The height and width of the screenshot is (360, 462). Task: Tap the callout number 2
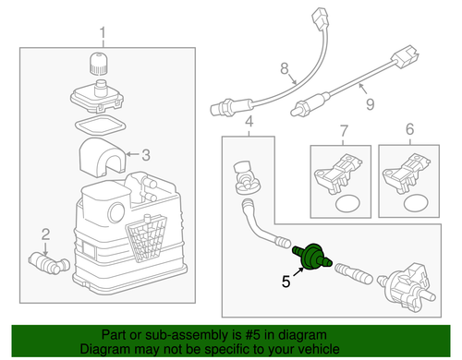(x=45, y=234)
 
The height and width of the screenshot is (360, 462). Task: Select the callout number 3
(x=146, y=155)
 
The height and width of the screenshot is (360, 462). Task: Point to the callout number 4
(x=249, y=122)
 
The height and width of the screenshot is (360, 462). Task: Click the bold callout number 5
(x=286, y=282)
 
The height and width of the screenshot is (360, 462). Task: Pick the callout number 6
(x=409, y=129)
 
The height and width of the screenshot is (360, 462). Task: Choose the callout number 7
(x=344, y=130)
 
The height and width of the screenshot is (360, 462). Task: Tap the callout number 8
(x=285, y=68)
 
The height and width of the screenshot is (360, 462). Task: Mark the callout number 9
(x=370, y=104)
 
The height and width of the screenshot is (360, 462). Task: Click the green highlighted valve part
(x=312, y=257)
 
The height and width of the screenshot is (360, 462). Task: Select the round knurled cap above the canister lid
(x=98, y=64)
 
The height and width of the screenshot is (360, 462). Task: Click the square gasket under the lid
(x=101, y=125)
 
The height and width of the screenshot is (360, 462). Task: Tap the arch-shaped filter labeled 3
(x=103, y=157)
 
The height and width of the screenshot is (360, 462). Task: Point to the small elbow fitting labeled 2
(x=49, y=263)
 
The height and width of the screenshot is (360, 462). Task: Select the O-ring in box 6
(x=416, y=202)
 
